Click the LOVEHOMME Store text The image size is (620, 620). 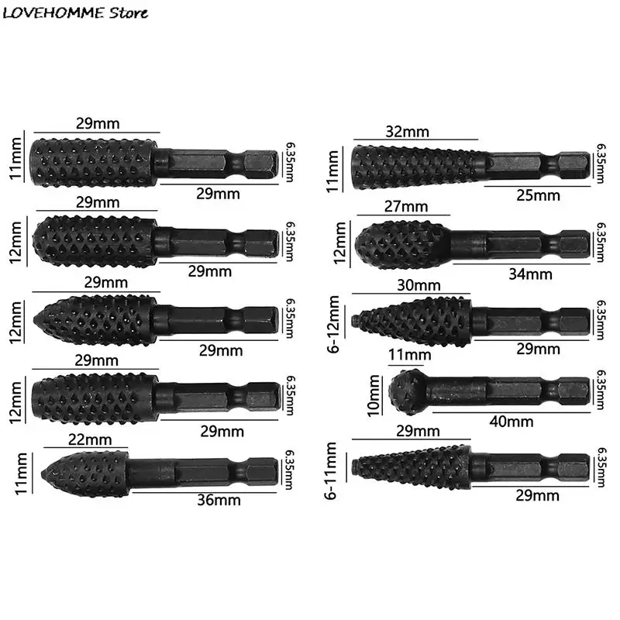tap(76, 12)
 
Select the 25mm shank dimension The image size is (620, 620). tap(538, 195)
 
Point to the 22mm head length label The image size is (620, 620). tap(84, 439)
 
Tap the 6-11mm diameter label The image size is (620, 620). tap(332, 470)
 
